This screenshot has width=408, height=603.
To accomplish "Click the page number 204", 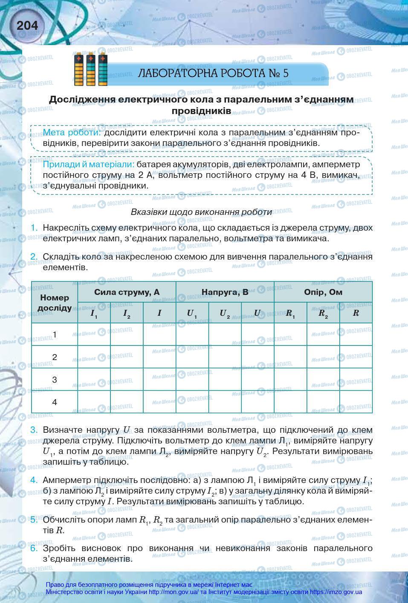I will pos(27,26).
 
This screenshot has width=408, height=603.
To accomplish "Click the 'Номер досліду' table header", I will pos(55,302).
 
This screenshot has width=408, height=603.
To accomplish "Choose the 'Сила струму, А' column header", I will pos(127,292).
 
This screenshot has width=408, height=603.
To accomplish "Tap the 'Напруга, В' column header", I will pos(225,292).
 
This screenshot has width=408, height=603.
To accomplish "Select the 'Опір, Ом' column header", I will pos(323,292).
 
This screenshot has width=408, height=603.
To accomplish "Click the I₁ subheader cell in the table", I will pos(94,313).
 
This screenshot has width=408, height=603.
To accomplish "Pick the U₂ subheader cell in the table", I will pos(225,313).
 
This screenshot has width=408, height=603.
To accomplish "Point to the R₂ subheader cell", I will pos(323,313).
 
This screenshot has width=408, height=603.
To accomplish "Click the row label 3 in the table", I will pos(55,379).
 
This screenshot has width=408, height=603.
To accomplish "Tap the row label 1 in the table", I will pos(55,334).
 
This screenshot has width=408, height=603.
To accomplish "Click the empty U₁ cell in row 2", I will pos(192,357).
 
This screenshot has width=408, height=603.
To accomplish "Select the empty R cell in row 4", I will pos(356,402).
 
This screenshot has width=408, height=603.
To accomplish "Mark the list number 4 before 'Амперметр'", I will pos(34,480).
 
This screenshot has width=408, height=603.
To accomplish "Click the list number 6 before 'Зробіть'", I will pos(34,548).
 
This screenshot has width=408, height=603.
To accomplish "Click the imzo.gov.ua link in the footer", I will pos(336,592).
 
